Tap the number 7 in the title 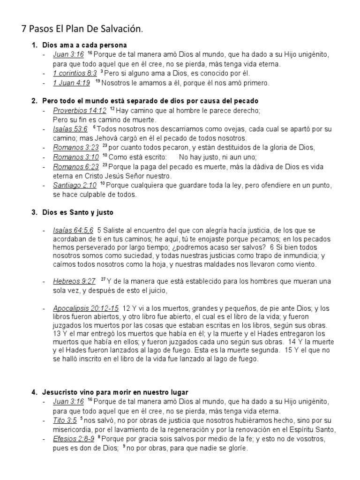click(x=24, y=29)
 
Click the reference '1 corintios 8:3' click(x=75, y=73)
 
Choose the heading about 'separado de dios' click(x=150, y=101)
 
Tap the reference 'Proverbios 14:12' click(x=80, y=111)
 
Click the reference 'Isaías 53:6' click(x=70, y=129)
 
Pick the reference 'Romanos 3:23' click(x=76, y=148)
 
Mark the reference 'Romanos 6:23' click(x=76, y=167)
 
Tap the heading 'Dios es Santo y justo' click(x=78, y=212)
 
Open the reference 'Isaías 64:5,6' click(x=73, y=230)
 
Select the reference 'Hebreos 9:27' click(x=75, y=281)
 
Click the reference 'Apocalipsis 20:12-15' click(x=86, y=308)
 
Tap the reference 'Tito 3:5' click(x=65, y=420)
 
